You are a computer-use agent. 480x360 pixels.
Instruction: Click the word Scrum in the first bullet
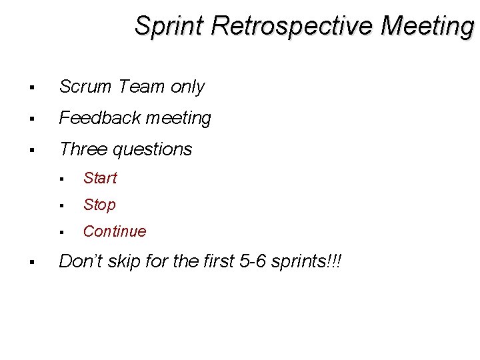pyautogui.click(x=85, y=87)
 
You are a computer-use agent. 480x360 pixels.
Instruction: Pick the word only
pyautogui.click(x=187, y=87)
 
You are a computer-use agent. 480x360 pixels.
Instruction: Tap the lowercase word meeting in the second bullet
pyautogui.click(x=178, y=119)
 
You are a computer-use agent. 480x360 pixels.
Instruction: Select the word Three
pyautogui.click(x=82, y=149)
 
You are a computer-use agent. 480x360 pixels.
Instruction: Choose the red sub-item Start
pyautogui.click(x=100, y=178)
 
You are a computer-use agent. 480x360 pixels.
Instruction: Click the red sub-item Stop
pyautogui.click(x=99, y=205)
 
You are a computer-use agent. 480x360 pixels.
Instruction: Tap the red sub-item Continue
pyautogui.click(x=114, y=231)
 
